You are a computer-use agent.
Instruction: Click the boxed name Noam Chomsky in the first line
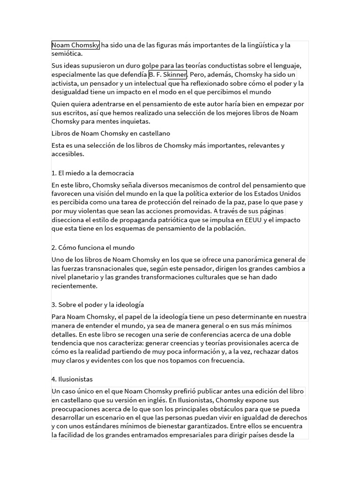tap(75, 45)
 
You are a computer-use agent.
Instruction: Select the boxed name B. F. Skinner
tap(168, 75)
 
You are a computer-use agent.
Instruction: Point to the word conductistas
tap(228, 65)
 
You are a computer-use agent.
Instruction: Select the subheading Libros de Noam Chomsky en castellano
tap(111, 134)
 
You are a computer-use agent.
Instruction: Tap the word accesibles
tap(67, 154)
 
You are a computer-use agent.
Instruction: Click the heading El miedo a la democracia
tap(93, 173)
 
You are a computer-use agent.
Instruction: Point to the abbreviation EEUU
tap(253, 220)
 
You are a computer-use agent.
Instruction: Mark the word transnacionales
tap(106, 269)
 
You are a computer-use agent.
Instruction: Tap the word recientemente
tap(74, 286)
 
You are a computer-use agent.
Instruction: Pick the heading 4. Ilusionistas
tap(72, 379)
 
